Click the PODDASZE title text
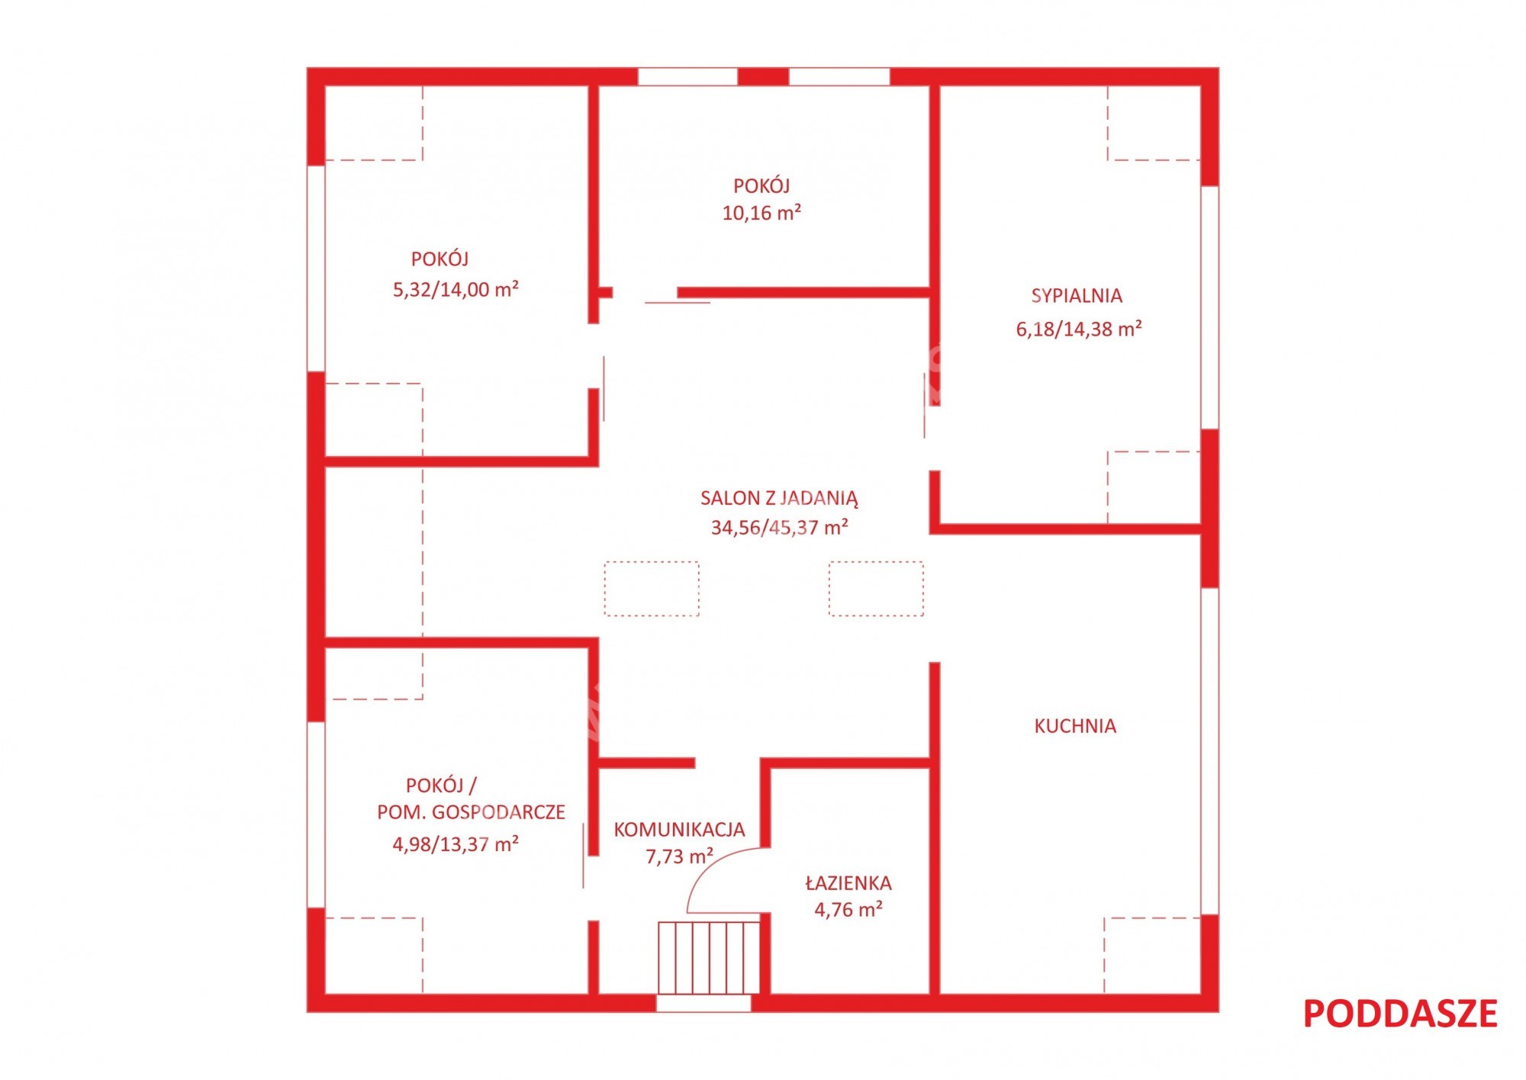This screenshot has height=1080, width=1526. point(1400,1014)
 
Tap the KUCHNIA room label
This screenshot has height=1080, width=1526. point(1075,726)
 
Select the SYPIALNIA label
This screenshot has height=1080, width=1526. point(1077,296)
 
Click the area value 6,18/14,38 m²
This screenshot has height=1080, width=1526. point(1079,329)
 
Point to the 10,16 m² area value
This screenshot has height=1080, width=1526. point(761,213)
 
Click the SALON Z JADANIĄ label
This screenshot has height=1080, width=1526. point(779,499)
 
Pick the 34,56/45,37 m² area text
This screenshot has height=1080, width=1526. point(780,527)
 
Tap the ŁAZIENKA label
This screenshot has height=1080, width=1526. point(848,882)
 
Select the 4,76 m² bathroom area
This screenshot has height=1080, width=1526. point(848,909)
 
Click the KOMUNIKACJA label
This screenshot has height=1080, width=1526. point(679,830)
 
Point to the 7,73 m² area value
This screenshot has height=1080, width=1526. point(680,856)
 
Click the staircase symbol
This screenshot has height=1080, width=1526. point(709,957)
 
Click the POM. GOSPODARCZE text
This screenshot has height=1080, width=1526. point(471,812)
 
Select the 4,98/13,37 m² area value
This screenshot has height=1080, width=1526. point(456,844)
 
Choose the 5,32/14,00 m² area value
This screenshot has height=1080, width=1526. point(456,289)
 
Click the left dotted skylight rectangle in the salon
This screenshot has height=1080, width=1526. point(652,589)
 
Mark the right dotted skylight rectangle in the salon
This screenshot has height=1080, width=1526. point(876,589)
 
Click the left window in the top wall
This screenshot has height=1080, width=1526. point(687,76)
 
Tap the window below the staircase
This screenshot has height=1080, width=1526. point(703,1003)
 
